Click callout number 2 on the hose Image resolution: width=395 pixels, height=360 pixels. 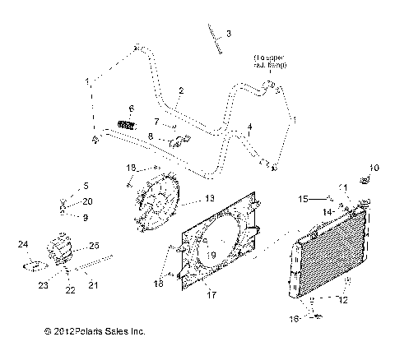pos(180,90)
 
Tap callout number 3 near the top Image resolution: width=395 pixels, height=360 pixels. pos(229,34)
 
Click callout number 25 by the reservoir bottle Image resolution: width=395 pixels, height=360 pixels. pos(94,245)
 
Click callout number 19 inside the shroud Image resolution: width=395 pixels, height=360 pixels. pos(212,255)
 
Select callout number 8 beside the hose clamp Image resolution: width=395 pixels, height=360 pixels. pos(151,136)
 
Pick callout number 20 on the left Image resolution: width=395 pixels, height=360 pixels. pos(89,201)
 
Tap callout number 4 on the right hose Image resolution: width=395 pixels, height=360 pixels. pos(249,126)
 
